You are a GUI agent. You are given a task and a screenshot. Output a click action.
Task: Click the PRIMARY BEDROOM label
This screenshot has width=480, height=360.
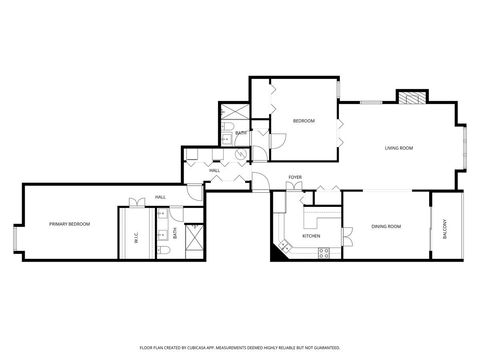coord(70,224)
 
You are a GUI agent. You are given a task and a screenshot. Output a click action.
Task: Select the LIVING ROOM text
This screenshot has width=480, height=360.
coord(399,149)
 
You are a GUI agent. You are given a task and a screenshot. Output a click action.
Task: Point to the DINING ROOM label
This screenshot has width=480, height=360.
coord(386,226)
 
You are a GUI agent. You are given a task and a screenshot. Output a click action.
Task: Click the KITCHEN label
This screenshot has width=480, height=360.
coord(311,236)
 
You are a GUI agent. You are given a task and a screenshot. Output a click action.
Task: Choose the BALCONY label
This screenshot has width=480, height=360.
coord(446,227)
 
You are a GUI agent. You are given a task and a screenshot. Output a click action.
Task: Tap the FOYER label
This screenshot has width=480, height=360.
coord(295,177)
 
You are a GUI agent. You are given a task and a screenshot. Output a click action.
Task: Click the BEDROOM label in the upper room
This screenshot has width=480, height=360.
coord(303,121)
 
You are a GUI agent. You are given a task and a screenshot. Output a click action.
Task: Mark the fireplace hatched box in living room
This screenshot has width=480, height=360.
coord(411,98)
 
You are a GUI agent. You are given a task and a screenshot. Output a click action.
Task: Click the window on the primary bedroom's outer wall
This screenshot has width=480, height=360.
coord(14,238)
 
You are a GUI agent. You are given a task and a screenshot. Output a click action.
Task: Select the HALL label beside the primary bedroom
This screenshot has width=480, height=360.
coord(159,198)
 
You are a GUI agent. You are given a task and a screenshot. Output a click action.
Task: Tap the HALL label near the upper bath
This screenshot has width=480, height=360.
coord(214,171)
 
